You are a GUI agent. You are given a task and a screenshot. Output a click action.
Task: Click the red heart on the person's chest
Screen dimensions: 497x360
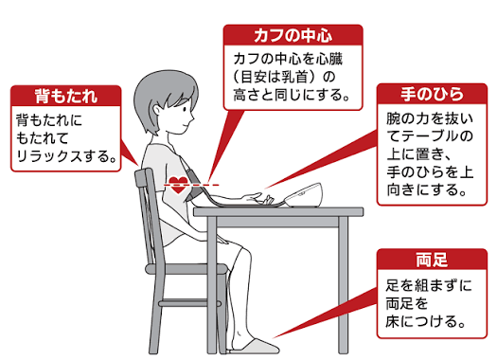point(179,186)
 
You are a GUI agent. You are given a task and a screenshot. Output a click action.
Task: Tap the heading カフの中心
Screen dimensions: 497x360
point(293,35)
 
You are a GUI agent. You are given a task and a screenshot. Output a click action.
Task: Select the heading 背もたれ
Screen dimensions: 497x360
point(66,96)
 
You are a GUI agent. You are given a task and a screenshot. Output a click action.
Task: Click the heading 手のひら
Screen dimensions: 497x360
point(432,94)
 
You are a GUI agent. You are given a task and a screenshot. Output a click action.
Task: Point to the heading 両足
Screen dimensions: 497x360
point(432,261)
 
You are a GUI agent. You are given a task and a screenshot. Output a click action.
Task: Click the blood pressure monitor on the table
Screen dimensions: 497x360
point(303,195)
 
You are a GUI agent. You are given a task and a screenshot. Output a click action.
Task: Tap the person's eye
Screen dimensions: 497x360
point(185,109)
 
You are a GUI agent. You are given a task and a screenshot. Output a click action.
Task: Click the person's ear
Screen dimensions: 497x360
point(157,110)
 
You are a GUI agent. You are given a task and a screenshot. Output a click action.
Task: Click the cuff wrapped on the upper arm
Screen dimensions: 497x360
point(194,186)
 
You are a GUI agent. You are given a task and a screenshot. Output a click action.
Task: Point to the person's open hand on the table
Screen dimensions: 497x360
point(258,199)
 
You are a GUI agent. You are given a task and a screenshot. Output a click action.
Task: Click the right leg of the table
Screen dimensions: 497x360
point(343,285)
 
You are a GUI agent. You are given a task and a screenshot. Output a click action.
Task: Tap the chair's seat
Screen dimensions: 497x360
point(186,269)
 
